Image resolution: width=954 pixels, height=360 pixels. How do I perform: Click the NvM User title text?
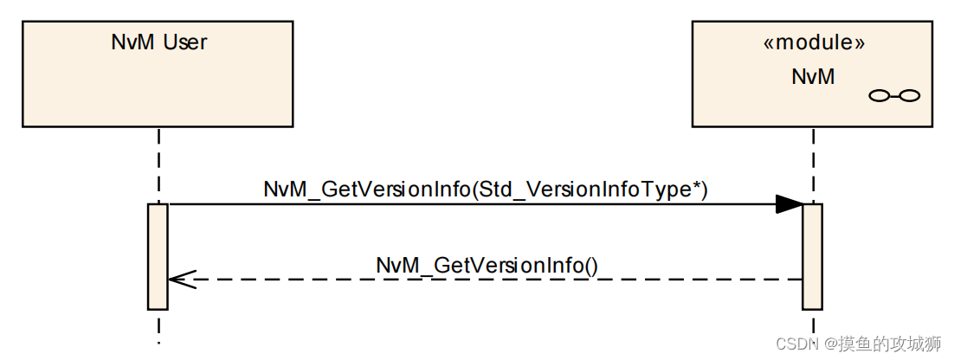[159, 42]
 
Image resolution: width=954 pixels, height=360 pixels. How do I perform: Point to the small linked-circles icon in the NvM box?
[893, 95]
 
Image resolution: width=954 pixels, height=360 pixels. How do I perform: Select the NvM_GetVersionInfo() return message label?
[487, 266]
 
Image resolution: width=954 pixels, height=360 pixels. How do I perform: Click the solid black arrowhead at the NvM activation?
[789, 204]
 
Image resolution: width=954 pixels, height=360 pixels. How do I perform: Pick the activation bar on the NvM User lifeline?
[158, 256]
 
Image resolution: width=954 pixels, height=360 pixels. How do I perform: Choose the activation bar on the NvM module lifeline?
[812, 256]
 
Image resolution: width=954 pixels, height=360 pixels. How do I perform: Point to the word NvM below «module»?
[813, 76]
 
